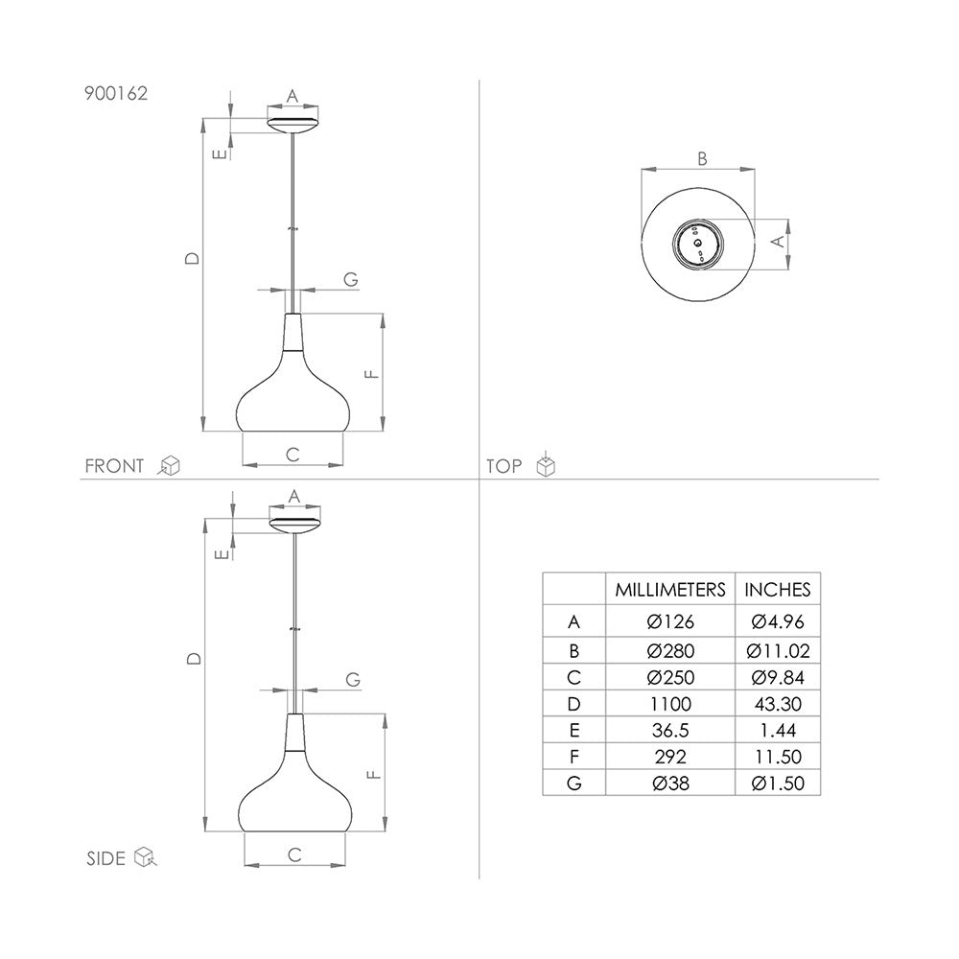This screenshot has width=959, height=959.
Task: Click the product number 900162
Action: (116, 94)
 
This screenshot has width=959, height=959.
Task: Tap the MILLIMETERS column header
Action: (669, 590)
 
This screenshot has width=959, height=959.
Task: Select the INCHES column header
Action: (778, 590)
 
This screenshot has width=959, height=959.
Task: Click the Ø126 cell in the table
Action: (670, 622)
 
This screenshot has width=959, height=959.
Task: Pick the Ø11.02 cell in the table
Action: (778, 651)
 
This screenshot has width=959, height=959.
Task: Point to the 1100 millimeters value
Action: (670, 704)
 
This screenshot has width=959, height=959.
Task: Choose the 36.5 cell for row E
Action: (670, 730)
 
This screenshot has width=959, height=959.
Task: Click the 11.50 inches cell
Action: (778, 757)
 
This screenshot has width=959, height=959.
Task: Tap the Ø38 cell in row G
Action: (670, 784)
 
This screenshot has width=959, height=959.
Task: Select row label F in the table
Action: (573, 757)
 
